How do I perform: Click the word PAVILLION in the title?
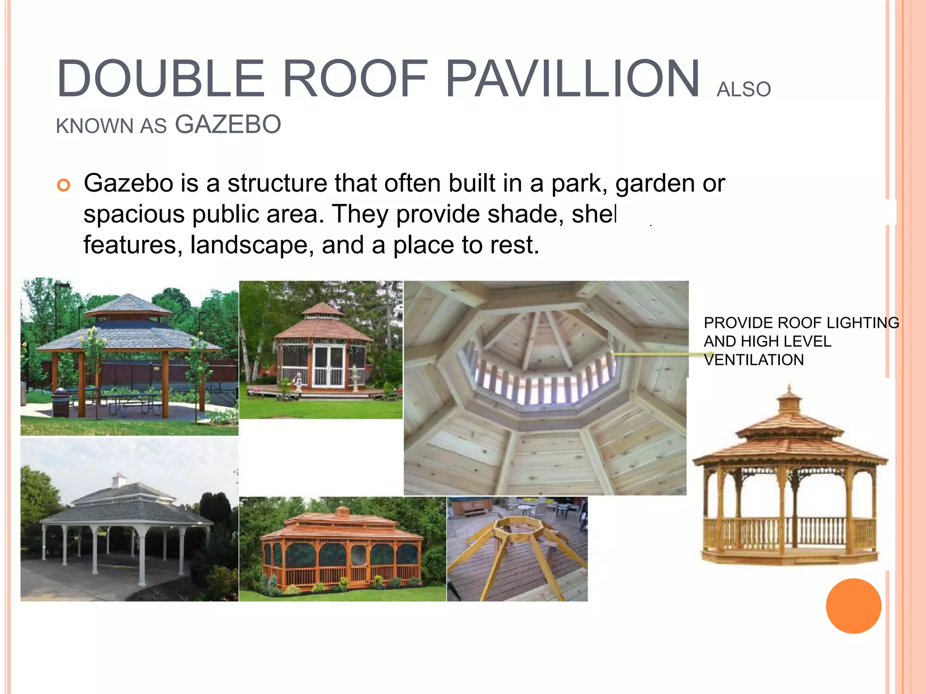pos(572,79)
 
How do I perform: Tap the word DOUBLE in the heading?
pos(161,79)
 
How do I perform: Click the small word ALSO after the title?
pos(743,89)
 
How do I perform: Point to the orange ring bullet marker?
pos(64,185)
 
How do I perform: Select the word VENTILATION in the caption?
pos(754,360)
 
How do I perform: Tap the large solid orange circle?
pos(853,606)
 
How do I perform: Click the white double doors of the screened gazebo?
pos(329,366)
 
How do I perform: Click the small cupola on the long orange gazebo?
pos(342,511)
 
